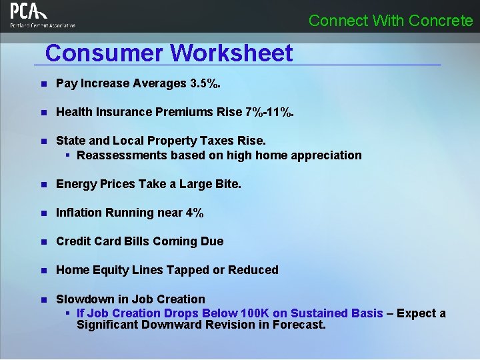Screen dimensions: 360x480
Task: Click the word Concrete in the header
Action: (x=441, y=21)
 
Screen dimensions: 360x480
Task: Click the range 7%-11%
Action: (x=269, y=112)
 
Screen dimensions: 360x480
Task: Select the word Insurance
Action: (x=125, y=112)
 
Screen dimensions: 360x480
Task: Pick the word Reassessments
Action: (x=121, y=155)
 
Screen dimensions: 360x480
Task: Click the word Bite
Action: (x=227, y=184)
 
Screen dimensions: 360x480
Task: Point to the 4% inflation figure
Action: (x=195, y=213)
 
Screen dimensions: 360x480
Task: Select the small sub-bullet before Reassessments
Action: (x=68, y=155)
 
